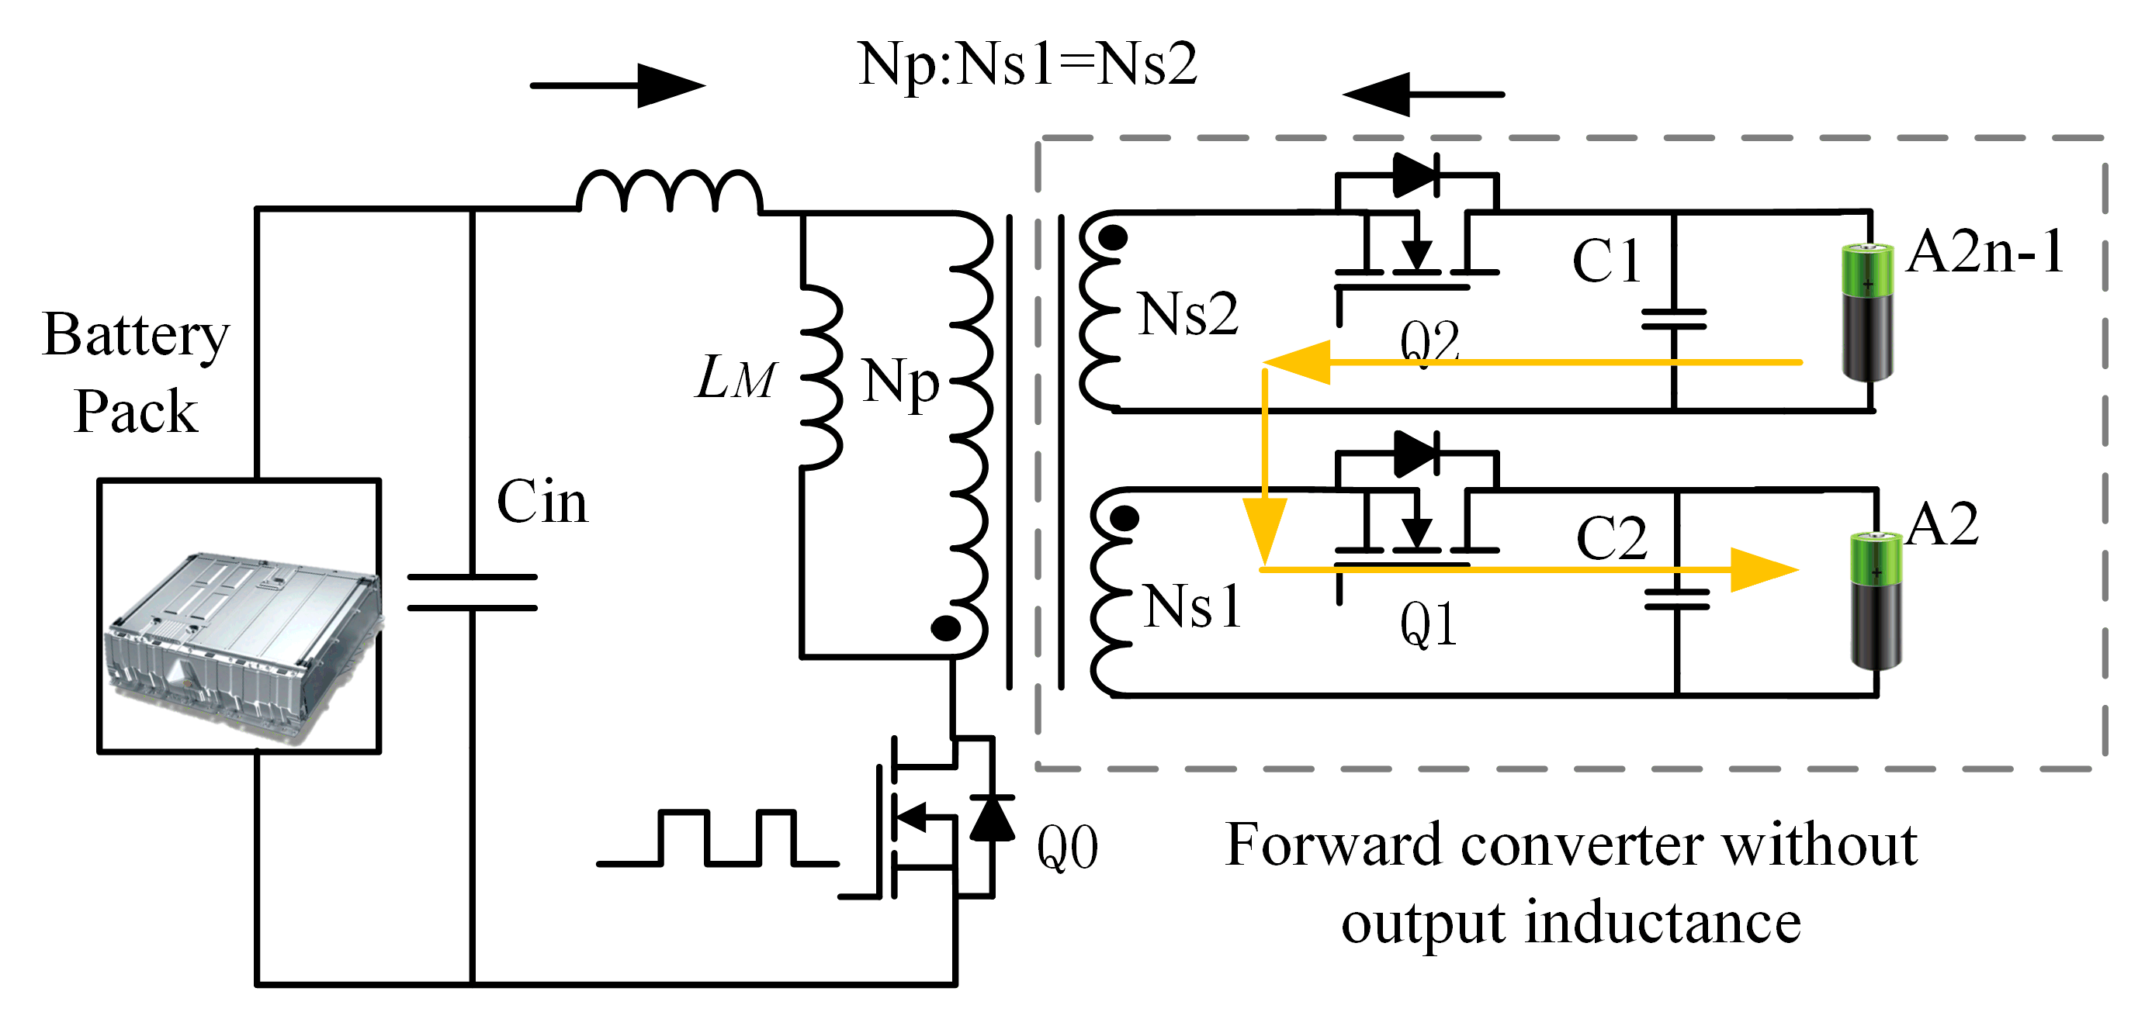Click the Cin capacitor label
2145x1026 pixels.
pyautogui.click(x=542, y=503)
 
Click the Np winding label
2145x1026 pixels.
pyautogui.click(x=900, y=383)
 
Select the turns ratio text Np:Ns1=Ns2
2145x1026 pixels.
pyautogui.click(x=1027, y=64)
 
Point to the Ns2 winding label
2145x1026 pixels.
pyautogui.click(x=1187, y=316)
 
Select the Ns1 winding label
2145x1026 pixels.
pyautogui.click(x=1193, y=606)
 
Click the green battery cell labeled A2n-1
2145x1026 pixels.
pyautogui.click(x=1868, y=312)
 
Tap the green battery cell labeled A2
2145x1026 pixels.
pyautogui.click(x=1876, y=600)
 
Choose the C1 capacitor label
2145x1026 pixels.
pyautogui.click(x=1606, y=261)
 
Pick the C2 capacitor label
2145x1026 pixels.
pyautogui.click(x=1611, y=538)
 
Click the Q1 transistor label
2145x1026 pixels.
pyautogui.click(x=1429, y=624)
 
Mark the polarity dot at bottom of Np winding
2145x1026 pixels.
pyautogui.click(x=945, y=628)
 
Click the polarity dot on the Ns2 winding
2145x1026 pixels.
pyautogui.click(x=1113, y=238)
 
